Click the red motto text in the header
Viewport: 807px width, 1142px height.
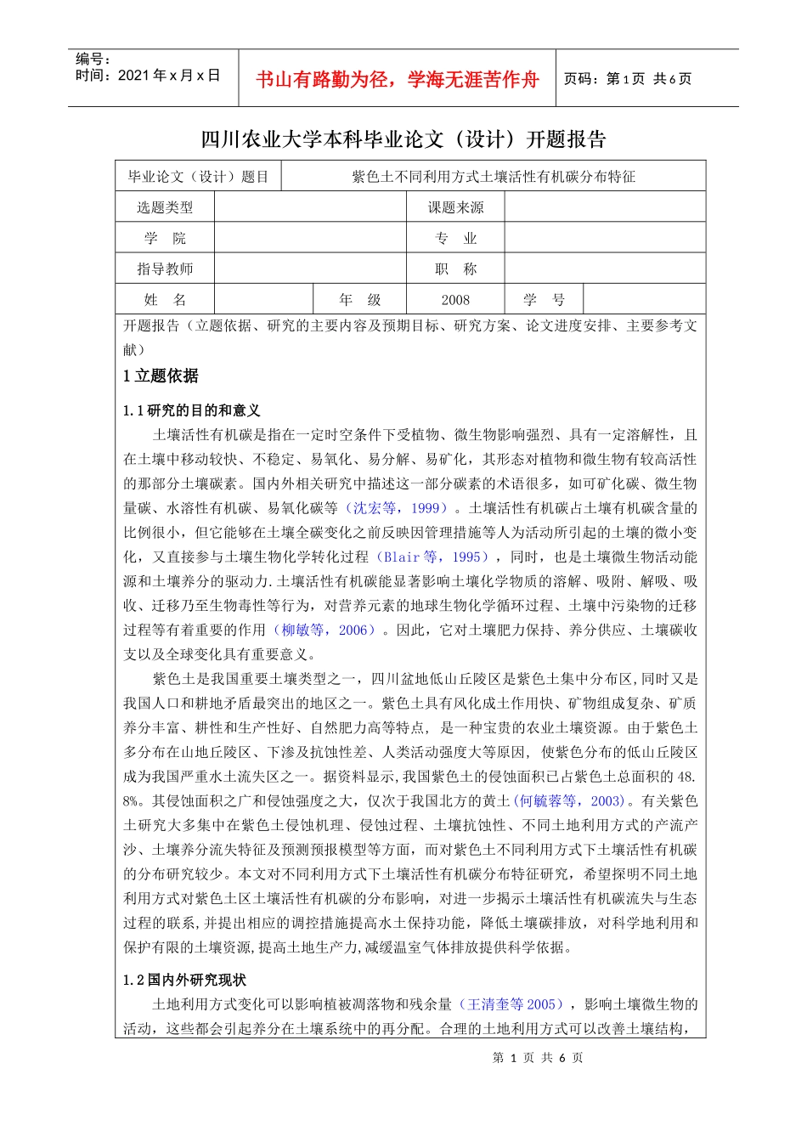pos(397,80)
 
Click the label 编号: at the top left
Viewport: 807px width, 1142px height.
pos(93,59)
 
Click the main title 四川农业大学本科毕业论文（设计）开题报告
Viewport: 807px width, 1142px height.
pos(403,139)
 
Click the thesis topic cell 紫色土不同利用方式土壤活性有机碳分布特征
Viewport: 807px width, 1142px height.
pos(493,177)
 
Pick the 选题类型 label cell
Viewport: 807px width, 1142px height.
pos(165,207)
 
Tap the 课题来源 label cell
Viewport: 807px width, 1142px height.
pos(455,207)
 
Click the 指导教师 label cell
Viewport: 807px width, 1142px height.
pos(165,269)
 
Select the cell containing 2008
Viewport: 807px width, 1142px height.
pos(455,300)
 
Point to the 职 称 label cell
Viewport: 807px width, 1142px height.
pos(455,269)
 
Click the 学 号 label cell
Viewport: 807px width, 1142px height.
pos(544,300)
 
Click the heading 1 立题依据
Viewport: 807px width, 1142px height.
pos(161,376)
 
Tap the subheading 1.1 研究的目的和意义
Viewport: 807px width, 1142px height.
pos(191,410)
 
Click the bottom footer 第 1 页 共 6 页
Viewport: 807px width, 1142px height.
pos(538,1058)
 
